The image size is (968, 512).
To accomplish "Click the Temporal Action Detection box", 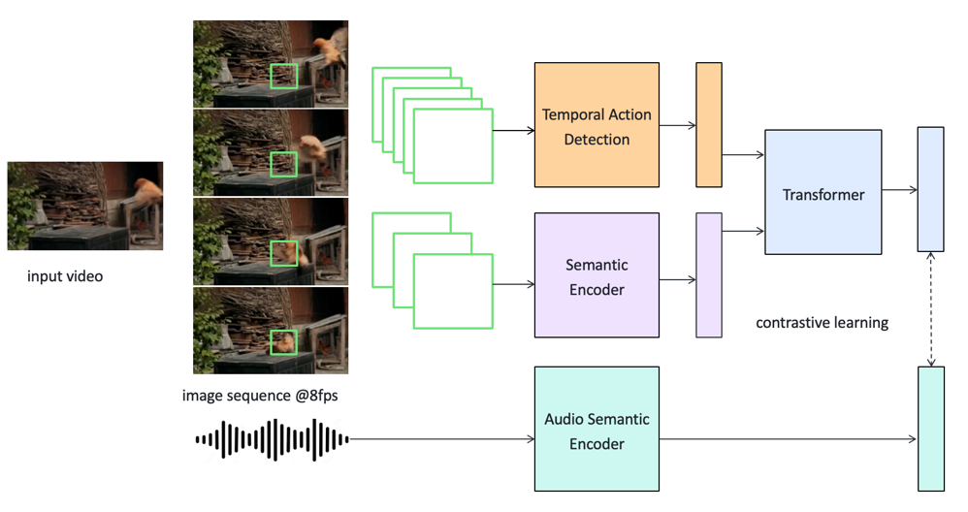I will tap(597, 125).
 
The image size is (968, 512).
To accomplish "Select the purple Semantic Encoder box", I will tap(597, 275).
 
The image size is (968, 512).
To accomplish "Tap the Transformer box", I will tap(823, 193).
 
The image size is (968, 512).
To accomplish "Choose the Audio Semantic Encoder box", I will tap(597, 430).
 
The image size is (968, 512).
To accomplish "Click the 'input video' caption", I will tap(65, 276).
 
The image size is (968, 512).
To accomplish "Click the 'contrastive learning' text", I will tap(822, 322).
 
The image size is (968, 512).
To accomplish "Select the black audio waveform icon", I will tap(272, 439).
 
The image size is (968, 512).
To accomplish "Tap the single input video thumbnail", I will tap(85, 207).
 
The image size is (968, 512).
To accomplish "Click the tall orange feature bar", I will tap(709, 124).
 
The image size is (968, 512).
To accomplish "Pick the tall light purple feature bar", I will tap(709, 275).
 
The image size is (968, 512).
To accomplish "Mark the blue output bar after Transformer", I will tap(931, 189).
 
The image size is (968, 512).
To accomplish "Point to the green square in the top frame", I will tap(283, 77).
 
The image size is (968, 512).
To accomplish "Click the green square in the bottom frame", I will tap(283, 342).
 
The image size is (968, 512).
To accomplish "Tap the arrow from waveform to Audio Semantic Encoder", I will tap(441, 439).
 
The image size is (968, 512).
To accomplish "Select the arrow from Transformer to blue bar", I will tap(900, 191).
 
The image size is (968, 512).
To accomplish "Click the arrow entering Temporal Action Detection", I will tap(513, 129).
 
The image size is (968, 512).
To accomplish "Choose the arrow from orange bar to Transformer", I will tap(743, 154).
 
